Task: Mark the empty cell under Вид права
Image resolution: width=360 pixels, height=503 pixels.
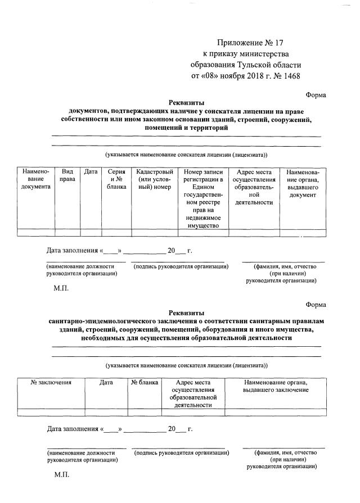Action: coord(67,232)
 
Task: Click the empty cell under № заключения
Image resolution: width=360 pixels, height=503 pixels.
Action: coord(51,412)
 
